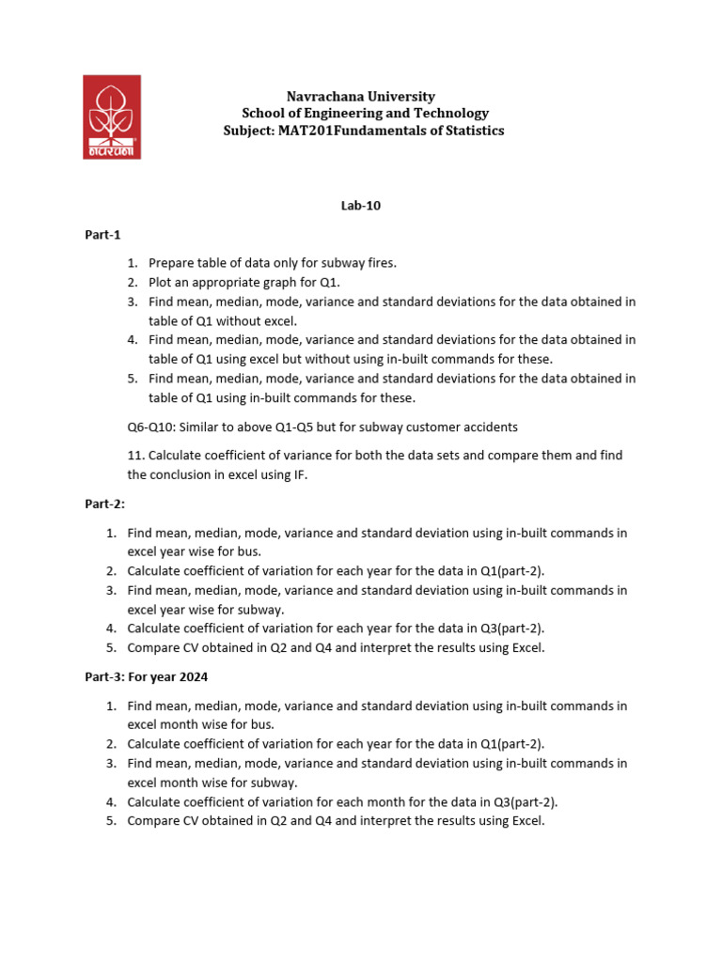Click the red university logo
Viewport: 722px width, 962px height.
pos(112,116)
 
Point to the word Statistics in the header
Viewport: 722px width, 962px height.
pos(472,131)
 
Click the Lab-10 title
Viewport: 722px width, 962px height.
pos(361,205)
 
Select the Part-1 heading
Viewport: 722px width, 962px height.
pos(102,235)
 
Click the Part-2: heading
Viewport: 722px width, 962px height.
pos(104,504)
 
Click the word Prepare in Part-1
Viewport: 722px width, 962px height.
pos(171,263)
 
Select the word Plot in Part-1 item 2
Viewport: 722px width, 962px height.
pos(161,282)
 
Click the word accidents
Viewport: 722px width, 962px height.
pos(489,427)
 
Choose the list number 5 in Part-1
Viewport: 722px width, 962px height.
pos(131,379)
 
